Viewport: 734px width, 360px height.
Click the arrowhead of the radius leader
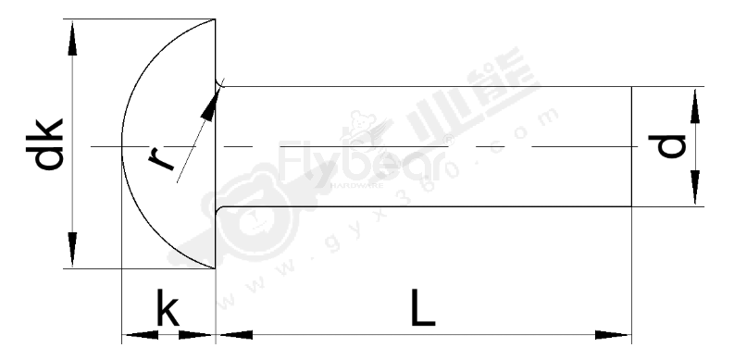pyautogui.click(x=213, y=100)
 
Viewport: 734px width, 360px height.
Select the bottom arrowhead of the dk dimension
pyautogui.click(x=72, y=254)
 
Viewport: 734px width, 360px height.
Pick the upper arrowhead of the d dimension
pyautogui.click(x=692, y=99)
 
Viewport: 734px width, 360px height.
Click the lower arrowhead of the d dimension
pyautogui.click(x=692, y=193)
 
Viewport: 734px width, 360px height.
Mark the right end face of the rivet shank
pyautogui.click(x=631, y=146)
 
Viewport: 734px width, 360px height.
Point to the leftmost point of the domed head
pyautogui.click(x=122, y=146)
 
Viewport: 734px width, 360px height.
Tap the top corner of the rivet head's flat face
pyautogui.click(x=216, y=20)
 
